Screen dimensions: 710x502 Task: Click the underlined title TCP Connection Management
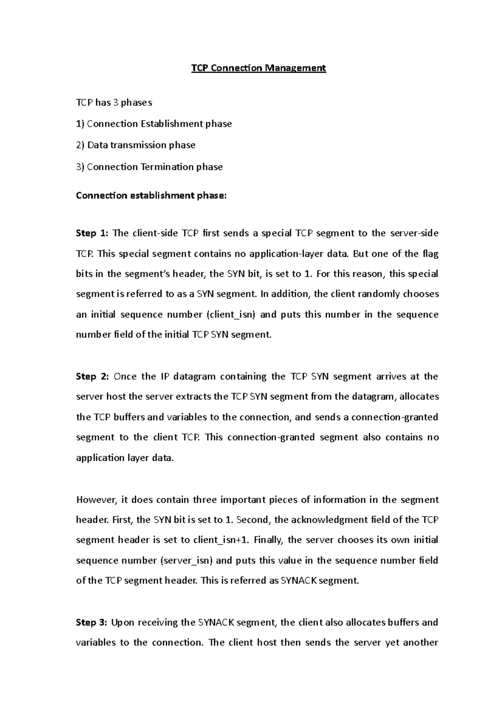pyautogui.click(x=259, y=68)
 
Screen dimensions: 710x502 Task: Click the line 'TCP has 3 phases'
pyautogui.click(x=114, y=102)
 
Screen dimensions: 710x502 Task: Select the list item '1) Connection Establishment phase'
pyautogui.click(x=154, y=124)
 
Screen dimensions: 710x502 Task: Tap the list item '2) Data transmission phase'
pyautogui.click(x=136, y=145)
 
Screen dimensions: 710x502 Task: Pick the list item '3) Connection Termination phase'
pyautogui.click(x=149, y=167)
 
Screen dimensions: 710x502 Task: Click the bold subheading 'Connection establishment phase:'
pyautogui.click(x=151, y=195)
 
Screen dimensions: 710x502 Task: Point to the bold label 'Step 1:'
pyautogui.click(x=92, y=233)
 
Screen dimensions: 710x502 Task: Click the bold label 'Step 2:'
pyautogui.click(x=92, y=376)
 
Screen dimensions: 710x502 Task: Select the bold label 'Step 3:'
pyautogui.click(x=91, y=623)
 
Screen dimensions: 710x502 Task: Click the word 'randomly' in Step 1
pyautogui.click(x=375, y=294)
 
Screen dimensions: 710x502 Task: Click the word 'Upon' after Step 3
pyautogui.click(x=123, y=623)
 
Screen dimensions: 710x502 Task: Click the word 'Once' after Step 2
pyautogui.click(x=125, y=376)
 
